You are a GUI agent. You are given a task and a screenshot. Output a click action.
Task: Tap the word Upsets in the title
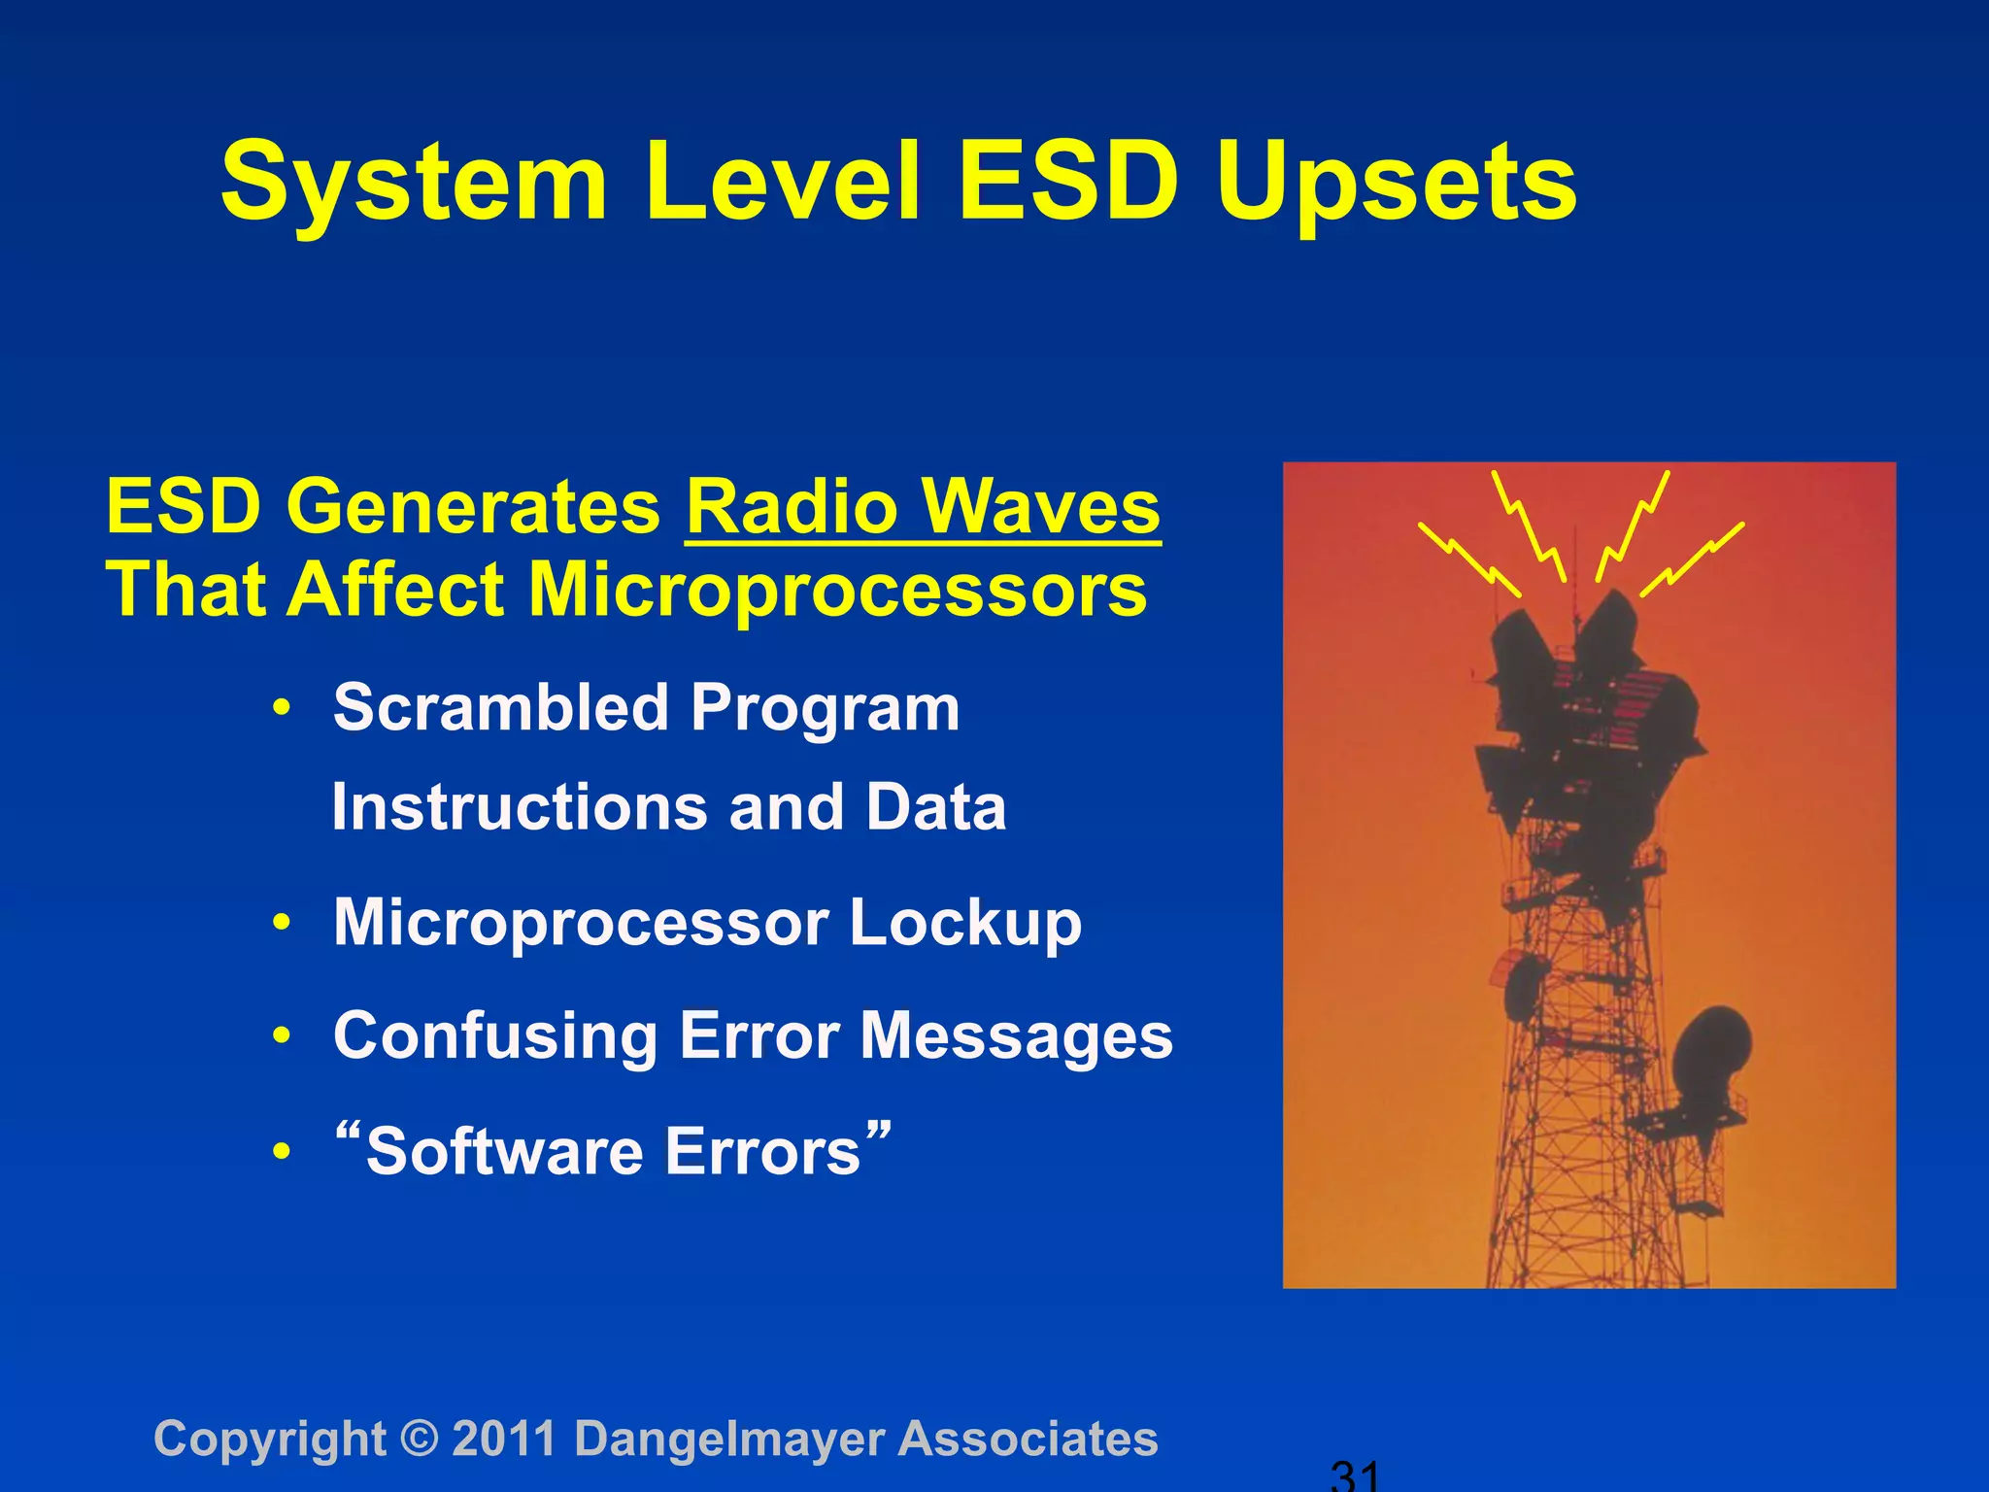pos(1396,185)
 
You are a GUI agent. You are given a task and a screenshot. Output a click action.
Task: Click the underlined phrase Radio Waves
pos(923,507)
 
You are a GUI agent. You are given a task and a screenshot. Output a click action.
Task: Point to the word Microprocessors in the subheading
pos(837,591)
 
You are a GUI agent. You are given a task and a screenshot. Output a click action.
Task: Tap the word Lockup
pos(964,922)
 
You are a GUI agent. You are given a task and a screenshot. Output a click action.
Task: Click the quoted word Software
pos(505,1151)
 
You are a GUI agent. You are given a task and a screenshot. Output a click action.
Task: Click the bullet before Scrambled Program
pos(282,708)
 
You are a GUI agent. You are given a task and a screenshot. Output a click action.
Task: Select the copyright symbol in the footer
pos(419,1439)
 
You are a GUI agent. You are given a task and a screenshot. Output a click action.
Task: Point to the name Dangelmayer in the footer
pos(729,1439)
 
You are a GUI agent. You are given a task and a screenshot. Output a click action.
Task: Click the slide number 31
pos(1354,1476)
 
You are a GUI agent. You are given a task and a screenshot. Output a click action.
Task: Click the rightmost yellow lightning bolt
pos(1692,559)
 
